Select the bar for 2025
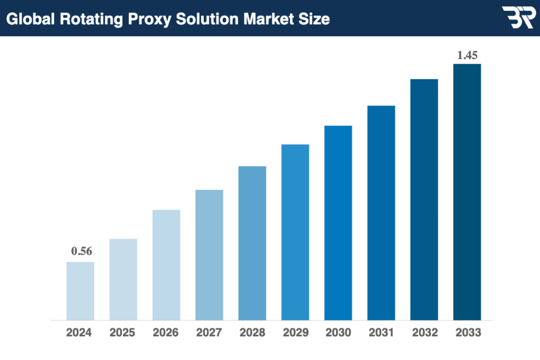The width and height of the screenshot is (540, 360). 123,279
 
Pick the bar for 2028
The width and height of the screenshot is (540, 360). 252,243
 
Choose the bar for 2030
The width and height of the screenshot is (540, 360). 338,223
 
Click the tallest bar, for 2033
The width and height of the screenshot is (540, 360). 467,192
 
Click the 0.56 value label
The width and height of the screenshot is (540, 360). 81,252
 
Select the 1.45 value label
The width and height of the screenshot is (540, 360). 467,55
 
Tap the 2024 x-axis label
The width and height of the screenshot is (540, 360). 79,333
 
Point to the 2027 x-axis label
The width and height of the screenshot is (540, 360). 209,333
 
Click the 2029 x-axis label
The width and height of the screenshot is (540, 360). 295,333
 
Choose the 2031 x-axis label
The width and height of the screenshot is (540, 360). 381,333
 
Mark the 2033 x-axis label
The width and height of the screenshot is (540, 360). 468,333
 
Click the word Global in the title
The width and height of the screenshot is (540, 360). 27,19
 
